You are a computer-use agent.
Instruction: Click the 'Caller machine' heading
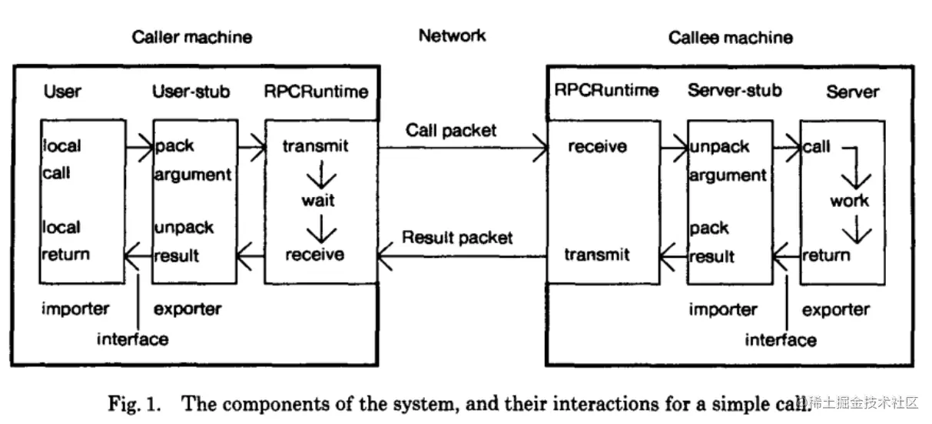pos(191,37)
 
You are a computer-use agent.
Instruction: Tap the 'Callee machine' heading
pos(730,38)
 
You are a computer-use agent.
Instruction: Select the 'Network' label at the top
pos(452,35)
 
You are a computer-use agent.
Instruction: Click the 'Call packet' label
pos(451,132)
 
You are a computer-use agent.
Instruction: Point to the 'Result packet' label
pos(457,238)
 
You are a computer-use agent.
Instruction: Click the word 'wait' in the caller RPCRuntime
pos(317,201)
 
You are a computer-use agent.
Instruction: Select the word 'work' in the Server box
pos(849,202)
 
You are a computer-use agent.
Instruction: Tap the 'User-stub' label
pos(191,92)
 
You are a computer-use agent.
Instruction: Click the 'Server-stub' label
pos(735,91)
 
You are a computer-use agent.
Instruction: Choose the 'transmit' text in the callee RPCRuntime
pos(597,255)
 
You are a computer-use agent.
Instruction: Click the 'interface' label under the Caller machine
pos(132,339)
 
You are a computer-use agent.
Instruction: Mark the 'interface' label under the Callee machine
pos(781,339)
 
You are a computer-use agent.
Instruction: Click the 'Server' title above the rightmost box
pos(852,92)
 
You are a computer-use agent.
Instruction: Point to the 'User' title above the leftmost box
pos(62,92)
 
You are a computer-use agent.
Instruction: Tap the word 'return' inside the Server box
pos(826,255)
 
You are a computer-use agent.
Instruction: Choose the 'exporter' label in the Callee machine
pos(835,310)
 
